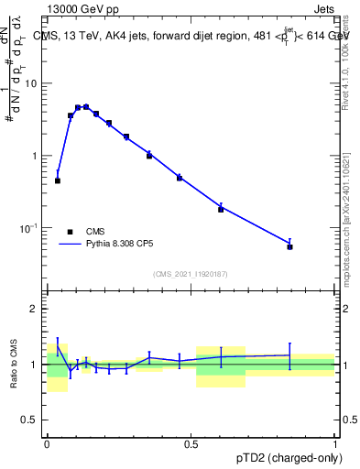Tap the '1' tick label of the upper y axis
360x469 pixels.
click(x=36, y=156)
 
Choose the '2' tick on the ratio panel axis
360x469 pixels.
click(x=36, y=309)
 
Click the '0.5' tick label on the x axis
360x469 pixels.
click(x=191, y=444)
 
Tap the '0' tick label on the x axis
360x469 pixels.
click(x=47, y=444)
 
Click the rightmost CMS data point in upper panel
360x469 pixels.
click(x=289, y=246)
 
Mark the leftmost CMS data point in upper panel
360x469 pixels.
click(x=58, y=180)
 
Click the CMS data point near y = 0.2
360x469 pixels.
click(x=221, y=209)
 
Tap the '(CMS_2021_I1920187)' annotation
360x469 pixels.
click(x=191, y=274)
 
